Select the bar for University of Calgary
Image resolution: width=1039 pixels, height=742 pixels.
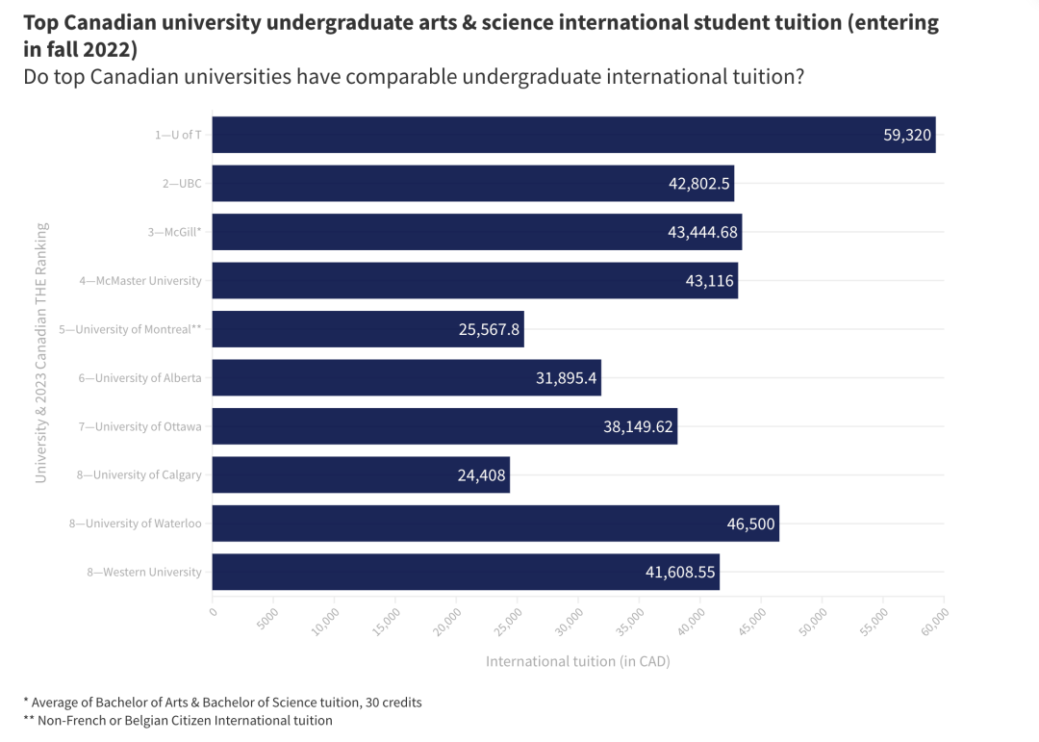coord(361,474)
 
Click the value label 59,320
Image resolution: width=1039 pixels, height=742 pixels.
coord(907,135)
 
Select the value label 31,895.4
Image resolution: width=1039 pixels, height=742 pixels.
coord(567,378)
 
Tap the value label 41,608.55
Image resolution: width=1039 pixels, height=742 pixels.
coord(680,572)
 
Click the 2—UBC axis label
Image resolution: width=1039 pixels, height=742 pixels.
coord(182,184)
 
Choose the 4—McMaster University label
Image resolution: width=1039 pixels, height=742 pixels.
coord(141,281)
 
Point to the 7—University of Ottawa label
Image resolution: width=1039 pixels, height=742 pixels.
coord(140,426)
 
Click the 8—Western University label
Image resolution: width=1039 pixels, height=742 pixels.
coord(144,572)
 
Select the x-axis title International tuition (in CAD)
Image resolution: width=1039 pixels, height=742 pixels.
coord(577,661)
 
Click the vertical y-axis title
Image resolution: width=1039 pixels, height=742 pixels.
coord(41,353)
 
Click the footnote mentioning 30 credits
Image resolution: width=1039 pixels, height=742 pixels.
coord(222,702)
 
